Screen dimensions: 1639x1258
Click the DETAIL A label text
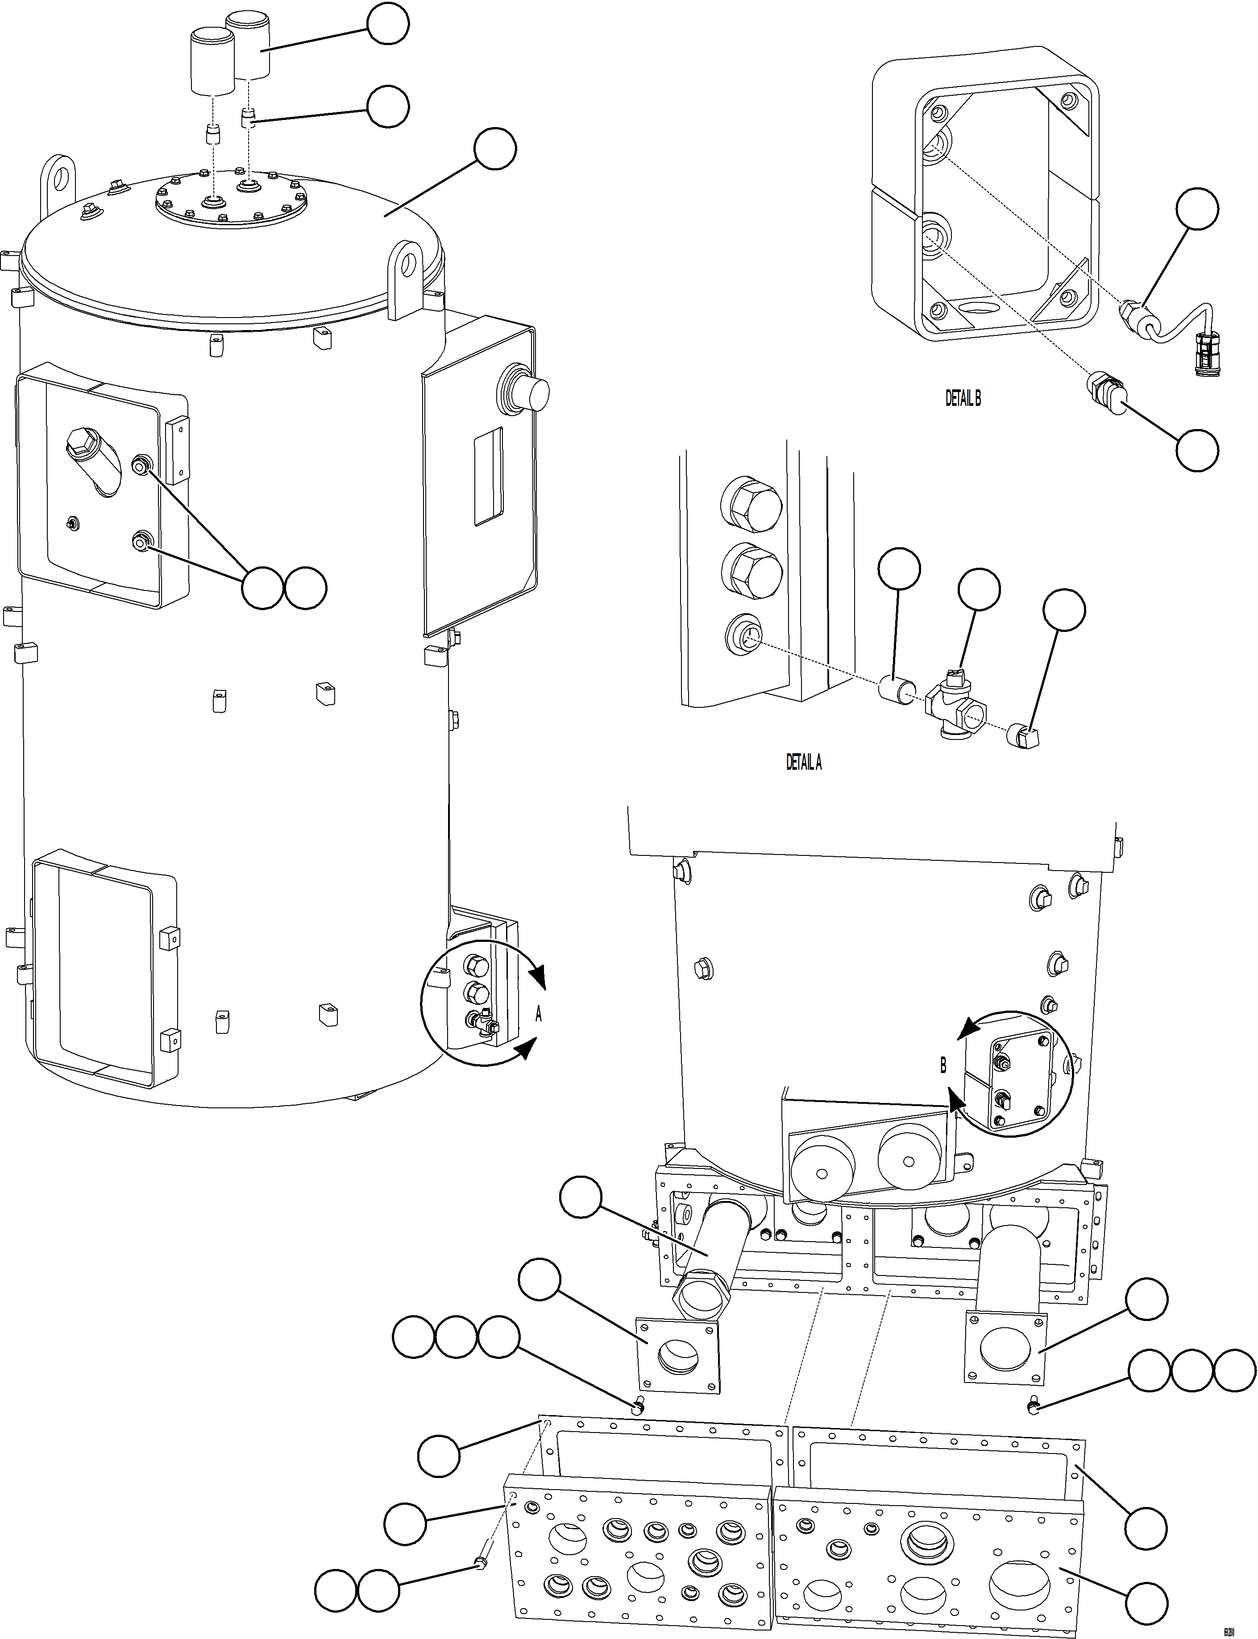(x=803, y=762)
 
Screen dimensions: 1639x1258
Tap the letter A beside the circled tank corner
(x=538, y=1015)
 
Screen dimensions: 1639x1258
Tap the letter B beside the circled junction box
(x=943, y=1065)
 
